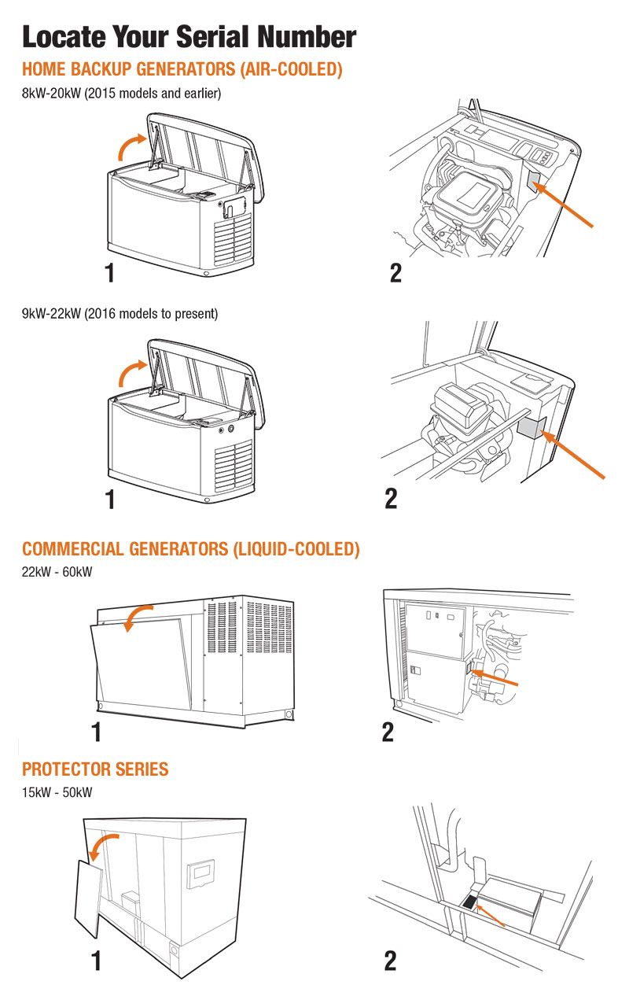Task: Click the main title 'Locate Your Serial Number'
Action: (x=189, y=36)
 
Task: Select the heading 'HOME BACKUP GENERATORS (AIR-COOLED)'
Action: (x=182, y=70)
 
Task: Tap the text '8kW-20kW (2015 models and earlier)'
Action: (x=122, y=93)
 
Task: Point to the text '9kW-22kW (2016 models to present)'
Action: (x=120, y=313)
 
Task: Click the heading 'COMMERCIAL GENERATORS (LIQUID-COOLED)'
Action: (x=190, y=549)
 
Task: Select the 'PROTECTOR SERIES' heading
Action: (x=95, y=769)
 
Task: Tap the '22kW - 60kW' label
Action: (x=57, y=572)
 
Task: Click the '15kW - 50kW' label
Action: (x=57, y=791)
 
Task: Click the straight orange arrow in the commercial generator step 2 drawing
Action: (x=495, y=677)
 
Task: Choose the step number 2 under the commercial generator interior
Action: (x=388, y=732)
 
